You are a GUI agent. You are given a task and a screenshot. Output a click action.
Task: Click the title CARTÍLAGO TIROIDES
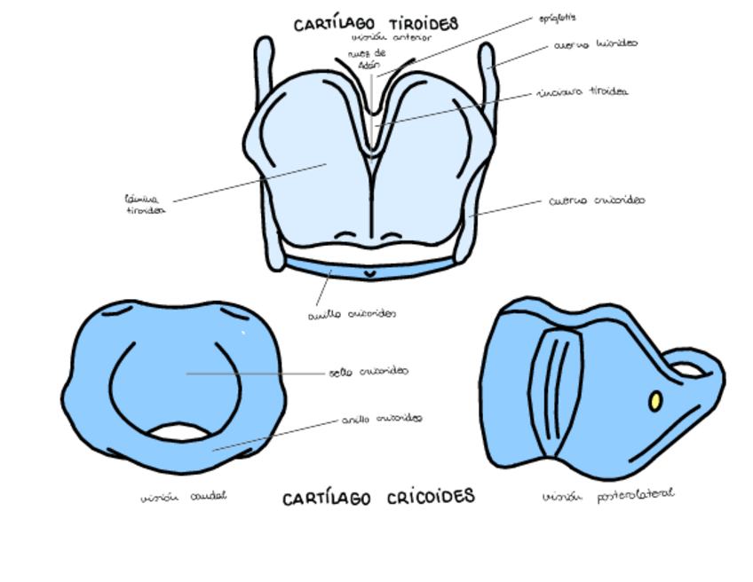coord(376,24)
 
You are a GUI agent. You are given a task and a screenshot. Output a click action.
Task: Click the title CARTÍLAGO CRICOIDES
coord(378,498)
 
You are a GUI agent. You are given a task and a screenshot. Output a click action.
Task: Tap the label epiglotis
coord(558,17)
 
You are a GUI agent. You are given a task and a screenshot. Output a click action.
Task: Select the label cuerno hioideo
coord(595,43)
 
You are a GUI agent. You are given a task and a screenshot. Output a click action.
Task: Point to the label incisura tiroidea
coord(583,92)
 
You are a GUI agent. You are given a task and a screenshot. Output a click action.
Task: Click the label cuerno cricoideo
coord(596,201)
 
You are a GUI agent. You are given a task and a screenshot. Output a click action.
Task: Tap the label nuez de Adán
coord(367,59)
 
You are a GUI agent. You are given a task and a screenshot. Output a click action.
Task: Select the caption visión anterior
coord(391,38)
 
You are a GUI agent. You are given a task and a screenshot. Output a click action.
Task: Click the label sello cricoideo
coord(369,372)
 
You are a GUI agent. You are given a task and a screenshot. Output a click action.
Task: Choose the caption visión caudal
coord(183,497)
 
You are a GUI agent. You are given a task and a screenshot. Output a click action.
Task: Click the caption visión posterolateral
coord(607,495)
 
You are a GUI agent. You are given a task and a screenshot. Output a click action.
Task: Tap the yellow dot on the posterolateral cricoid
coord(655,401)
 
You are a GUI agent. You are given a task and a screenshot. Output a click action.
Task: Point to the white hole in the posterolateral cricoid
coord(685,367)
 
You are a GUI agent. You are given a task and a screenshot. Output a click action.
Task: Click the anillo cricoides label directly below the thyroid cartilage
coord(352,313)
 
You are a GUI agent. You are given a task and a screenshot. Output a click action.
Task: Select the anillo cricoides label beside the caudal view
coord(382,418)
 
